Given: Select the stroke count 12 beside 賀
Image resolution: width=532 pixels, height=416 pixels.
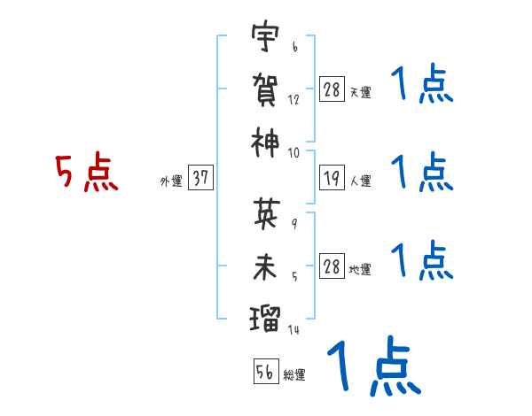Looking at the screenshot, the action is (x=294, y=99).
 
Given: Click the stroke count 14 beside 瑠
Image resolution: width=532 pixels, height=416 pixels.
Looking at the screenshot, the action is (x=293, y=329).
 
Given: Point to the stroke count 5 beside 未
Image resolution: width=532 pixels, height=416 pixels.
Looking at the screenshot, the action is (x=294, y=274).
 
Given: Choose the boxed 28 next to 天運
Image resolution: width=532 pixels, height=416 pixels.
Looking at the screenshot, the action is (x=332, y=89).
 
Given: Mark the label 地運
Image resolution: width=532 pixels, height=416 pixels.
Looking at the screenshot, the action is (x=360, y=270).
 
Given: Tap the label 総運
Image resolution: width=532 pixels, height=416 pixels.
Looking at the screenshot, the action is (x=294, y=375).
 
